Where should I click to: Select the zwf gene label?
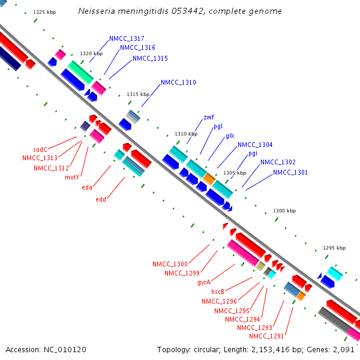click(x=209, y=117)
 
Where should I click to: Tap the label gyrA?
click(x=203, y=282)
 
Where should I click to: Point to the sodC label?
click(x=40, y=149)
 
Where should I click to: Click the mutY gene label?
click(x=72, y=177)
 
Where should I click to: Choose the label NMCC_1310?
click(x=178, y=82)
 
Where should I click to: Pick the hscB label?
click(x=218, y=292)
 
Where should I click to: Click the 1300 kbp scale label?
click(x=284, y=211)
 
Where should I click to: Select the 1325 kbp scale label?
click(x=44, y=12)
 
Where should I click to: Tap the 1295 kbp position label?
click(x=334, y=248)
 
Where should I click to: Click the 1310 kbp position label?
click(x=186, y=134)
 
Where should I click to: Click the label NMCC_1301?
click(x=290, y=173)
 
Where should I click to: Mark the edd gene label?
click(x=101, y=200)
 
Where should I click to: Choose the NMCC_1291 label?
click(x=266, y=336)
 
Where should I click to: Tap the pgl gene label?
click(x=218, y=126)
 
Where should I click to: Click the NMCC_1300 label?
click(x=170, y=264)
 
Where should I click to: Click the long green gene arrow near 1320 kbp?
click(x=80, y=72)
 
